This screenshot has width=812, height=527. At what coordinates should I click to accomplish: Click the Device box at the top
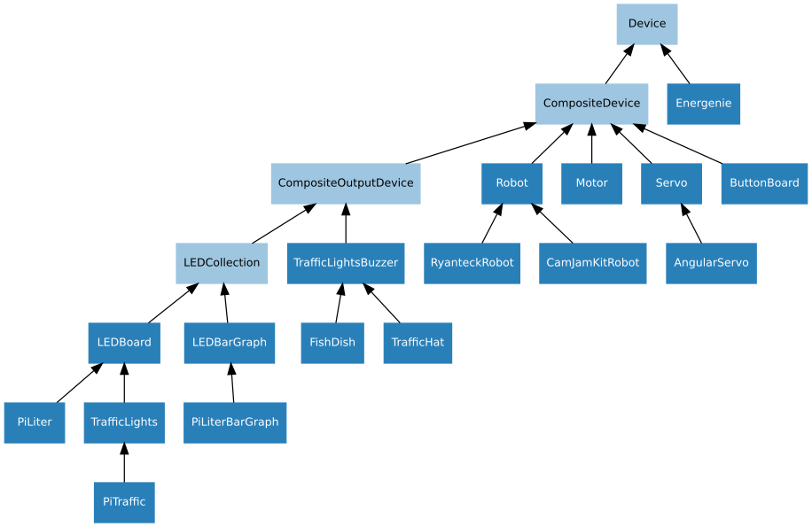click(646, 24)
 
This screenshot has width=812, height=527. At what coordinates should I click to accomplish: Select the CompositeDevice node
click(591, 104)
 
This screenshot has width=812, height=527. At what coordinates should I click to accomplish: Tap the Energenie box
click(703, 104)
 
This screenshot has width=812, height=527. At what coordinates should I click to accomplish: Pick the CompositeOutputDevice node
click(345, 183)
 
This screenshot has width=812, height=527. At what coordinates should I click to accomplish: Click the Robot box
click(511, 183)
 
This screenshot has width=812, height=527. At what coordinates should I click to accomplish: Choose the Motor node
click(591, 183)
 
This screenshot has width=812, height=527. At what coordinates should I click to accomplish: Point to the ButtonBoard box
click(763, 183)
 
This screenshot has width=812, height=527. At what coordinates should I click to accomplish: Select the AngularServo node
click(711, 263)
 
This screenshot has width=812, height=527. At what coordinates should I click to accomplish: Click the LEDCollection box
click(221, 263)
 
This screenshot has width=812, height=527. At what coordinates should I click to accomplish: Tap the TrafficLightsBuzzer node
click(345, 263)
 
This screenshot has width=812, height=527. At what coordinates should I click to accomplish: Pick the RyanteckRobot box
click(472, 263)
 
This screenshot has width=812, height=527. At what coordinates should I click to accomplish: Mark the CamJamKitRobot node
click(592, 263)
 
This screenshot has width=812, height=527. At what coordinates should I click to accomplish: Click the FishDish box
click(332, 343)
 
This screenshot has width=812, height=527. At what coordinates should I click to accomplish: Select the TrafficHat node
click(418, 343)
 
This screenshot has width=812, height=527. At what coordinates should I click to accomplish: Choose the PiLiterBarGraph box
click(235, 422)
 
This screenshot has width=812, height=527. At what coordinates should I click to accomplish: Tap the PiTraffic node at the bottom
click(124, 502)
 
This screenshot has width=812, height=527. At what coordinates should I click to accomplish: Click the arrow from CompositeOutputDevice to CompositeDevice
click(470, 144)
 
